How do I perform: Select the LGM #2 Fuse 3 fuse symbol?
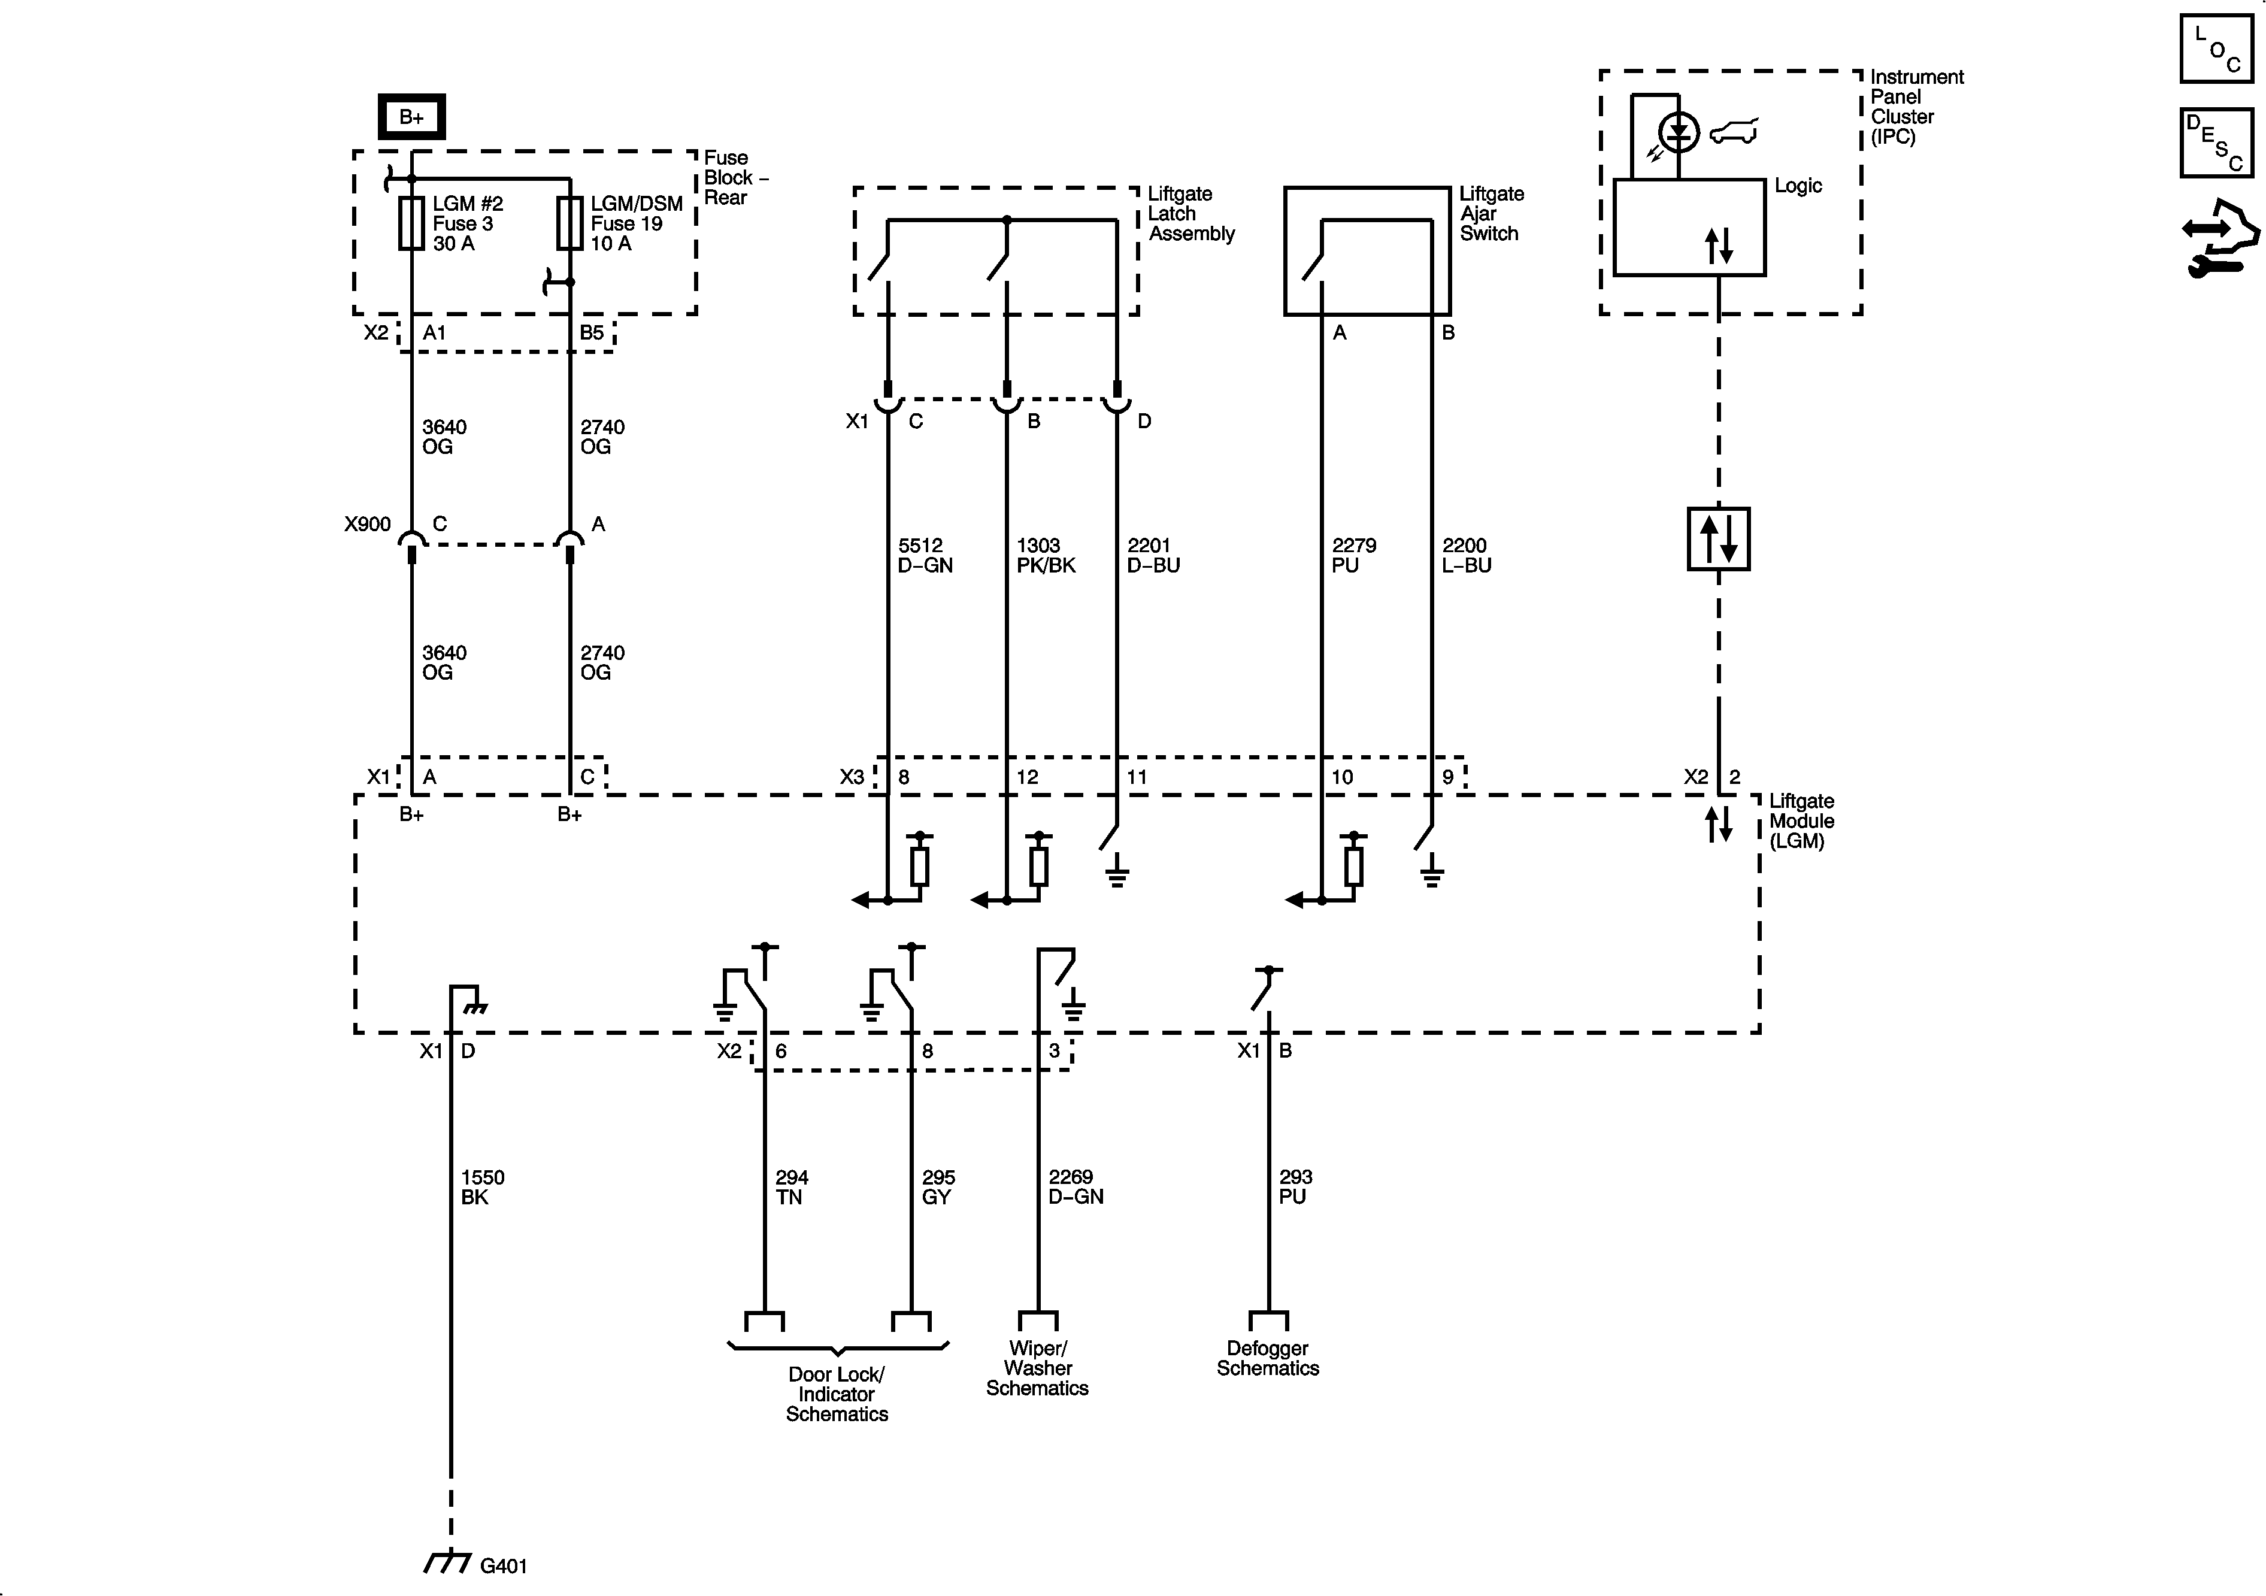411,223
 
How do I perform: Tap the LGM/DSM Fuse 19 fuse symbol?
569,223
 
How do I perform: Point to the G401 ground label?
504,1565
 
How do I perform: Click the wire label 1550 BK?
483,1186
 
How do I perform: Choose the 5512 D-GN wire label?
925,555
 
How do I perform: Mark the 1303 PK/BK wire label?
1045,555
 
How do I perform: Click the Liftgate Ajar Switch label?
1491,213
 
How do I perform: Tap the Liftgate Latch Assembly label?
1190,213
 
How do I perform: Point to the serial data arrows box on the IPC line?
1718,539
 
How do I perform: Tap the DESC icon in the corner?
2216,143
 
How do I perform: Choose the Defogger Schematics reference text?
1267,1358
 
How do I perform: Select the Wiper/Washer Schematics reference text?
1037,1368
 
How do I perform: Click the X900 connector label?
367,524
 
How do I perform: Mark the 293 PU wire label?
1295,1186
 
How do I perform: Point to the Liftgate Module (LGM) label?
1801,821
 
